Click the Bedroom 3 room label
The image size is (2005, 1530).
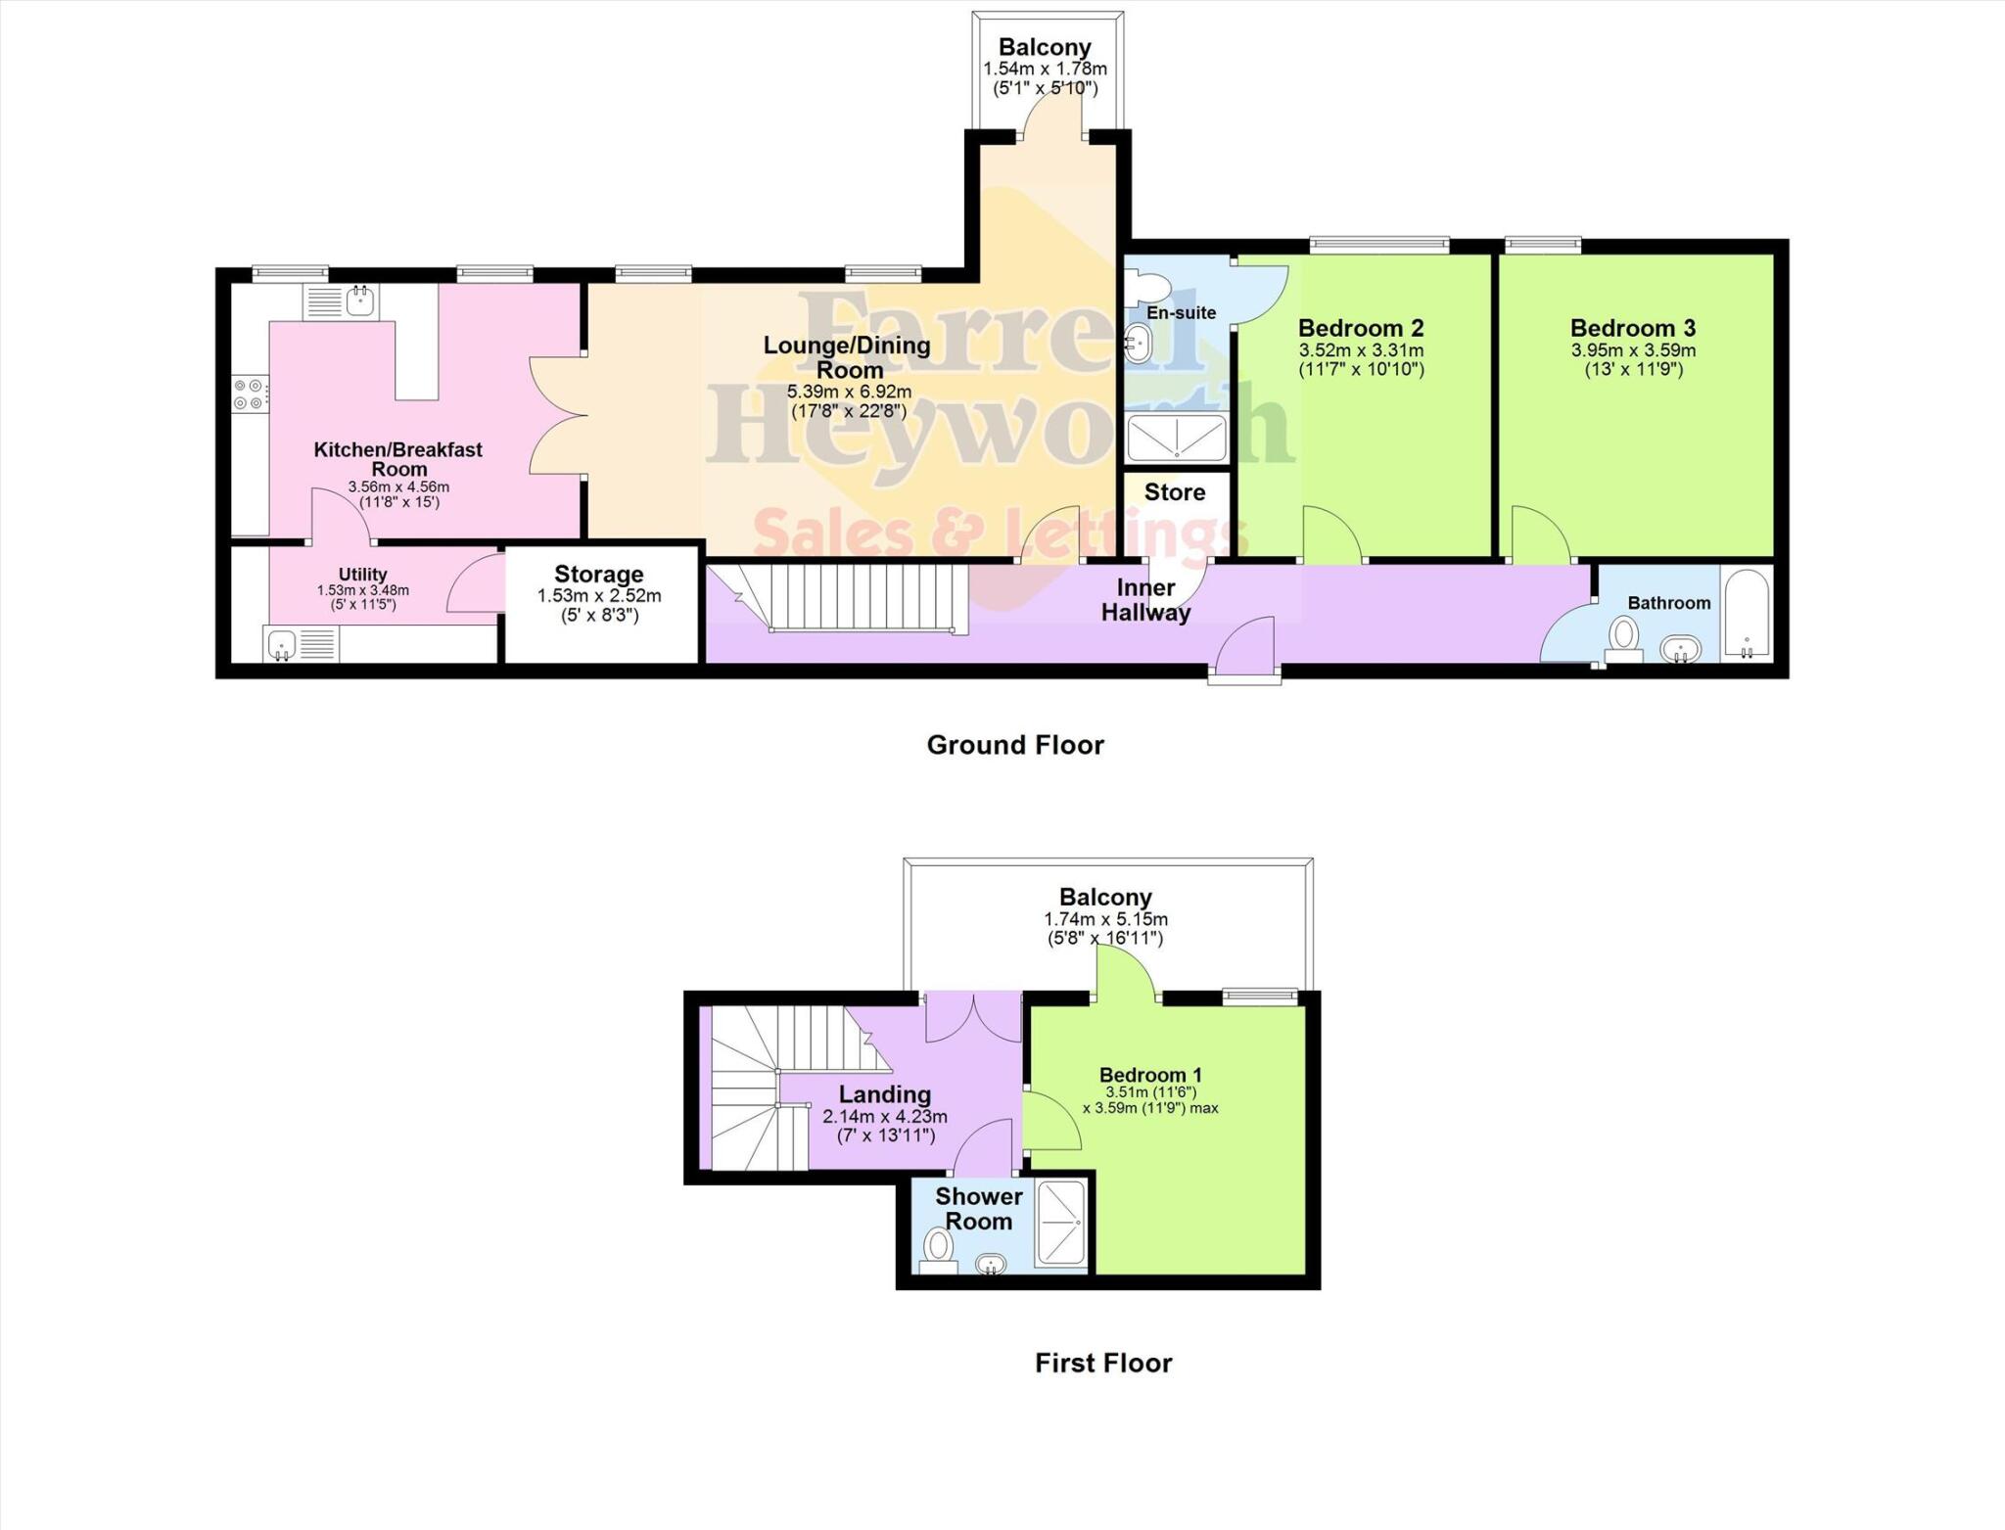[1632, 328]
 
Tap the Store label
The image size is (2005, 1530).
[1174, 492]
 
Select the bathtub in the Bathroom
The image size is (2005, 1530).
[1746, 612]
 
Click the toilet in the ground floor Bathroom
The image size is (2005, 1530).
[1623, 638]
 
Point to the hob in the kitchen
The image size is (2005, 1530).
[249, 394]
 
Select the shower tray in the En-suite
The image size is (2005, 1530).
[1176, 438]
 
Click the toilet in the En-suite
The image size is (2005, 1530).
[1142, 287]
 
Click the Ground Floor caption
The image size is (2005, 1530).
[1015, 745]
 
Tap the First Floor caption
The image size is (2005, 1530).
[1103, 1363]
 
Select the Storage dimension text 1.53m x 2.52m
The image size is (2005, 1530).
[599, 595]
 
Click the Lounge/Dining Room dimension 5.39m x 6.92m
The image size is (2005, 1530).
[848, 392]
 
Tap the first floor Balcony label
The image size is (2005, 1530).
[1105, 897]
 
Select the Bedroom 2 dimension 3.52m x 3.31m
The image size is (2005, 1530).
[1361, 350]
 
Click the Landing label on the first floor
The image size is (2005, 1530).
[884, 1094]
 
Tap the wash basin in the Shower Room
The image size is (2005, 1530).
[991, 1264]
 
